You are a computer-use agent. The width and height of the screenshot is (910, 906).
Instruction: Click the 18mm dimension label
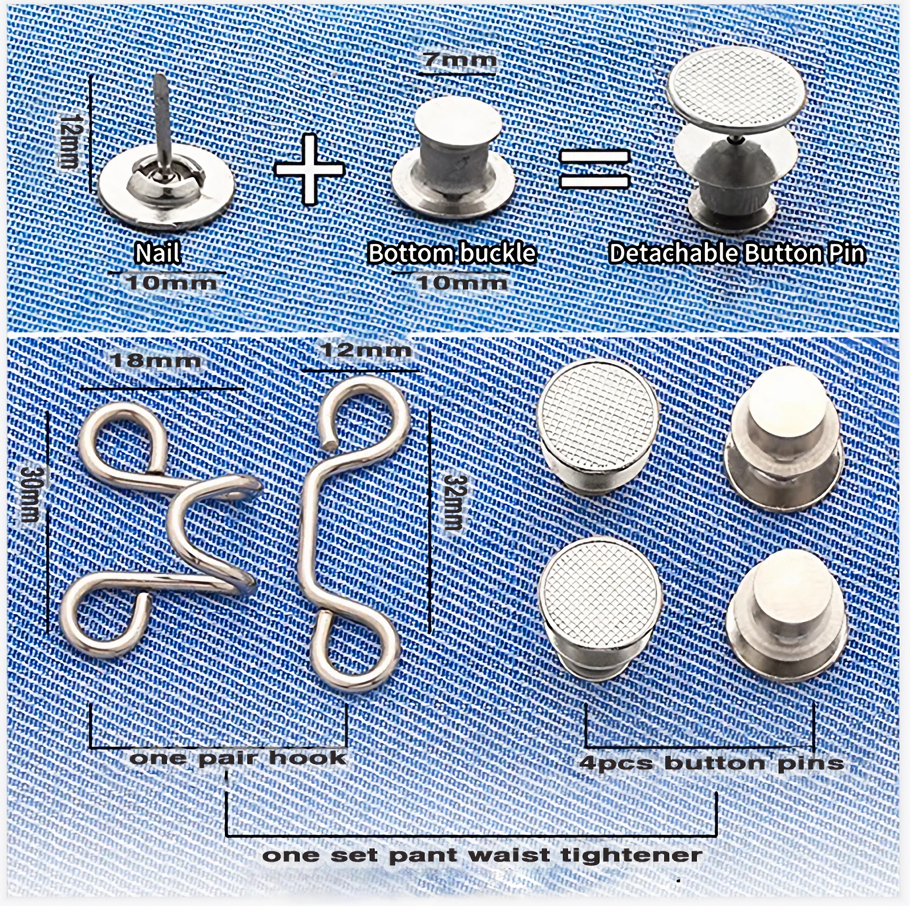pyautogui.click(x=156, y=361)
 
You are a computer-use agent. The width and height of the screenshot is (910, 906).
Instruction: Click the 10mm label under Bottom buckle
pyautogui.click(x=462, y=283)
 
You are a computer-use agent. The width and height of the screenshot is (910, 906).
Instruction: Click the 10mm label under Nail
pyautogui.click(x=172, y=283)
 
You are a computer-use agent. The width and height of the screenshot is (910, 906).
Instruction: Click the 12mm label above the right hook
pyautogui.click(x=365, y=351)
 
